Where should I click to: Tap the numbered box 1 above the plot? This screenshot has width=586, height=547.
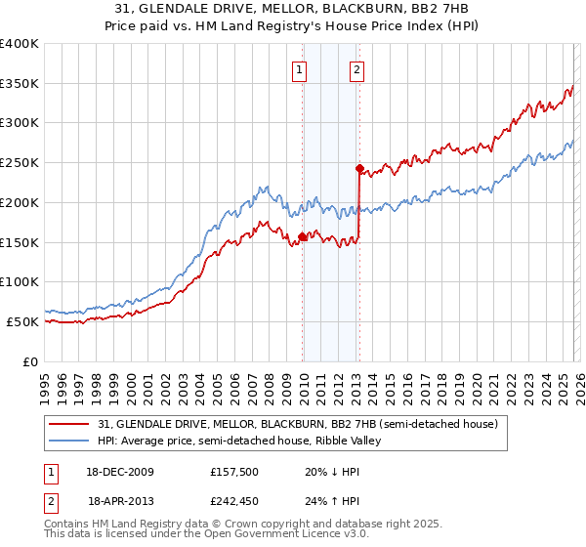click(299, 69)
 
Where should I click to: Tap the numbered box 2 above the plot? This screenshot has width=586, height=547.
click(357, 69)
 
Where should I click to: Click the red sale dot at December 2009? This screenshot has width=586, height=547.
click(303, 235)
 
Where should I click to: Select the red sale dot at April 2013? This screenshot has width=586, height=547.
click(359, 168)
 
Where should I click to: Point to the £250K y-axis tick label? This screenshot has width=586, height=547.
click(20, 163)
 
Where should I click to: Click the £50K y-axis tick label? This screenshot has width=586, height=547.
click(22, 321)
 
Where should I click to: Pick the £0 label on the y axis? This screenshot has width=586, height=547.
click(30, 361)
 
